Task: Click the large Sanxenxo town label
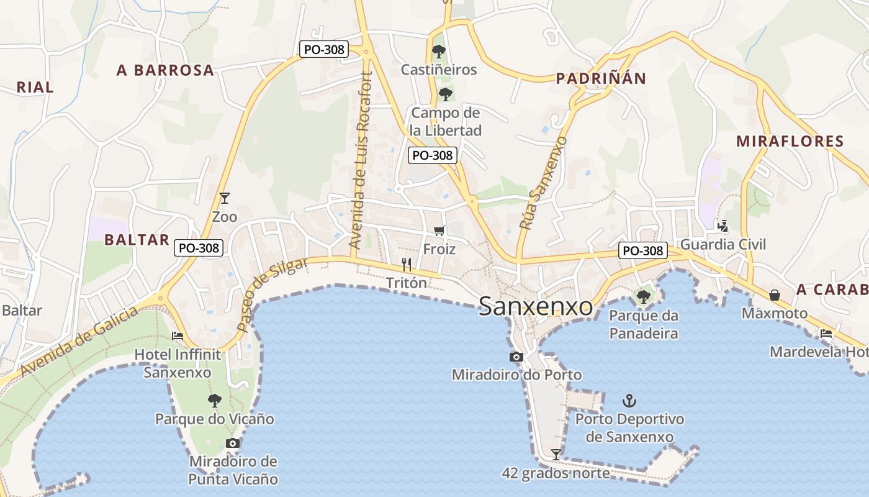[536, 306]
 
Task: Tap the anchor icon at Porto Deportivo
[629, 400]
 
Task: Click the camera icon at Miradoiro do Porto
[516, 357]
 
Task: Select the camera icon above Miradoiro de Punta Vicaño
[233, 443]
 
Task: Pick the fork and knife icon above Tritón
[407, 265]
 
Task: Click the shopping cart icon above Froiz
[439, 231]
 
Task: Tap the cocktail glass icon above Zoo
[225, 198]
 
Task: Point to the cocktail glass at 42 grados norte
[556, 455]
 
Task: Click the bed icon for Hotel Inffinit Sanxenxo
[178, 336]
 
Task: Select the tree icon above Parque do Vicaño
[214, 401]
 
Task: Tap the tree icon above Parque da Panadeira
[643, 297]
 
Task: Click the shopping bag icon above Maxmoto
[775, 294]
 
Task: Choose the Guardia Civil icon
[722, 226]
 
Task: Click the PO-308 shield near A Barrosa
[323, 49]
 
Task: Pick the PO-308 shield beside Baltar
[198, 248]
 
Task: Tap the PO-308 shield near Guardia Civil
[643, 250]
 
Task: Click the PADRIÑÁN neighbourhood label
[601, 78]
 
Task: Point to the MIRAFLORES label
[790, 141]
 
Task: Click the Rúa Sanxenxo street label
[543, 183]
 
